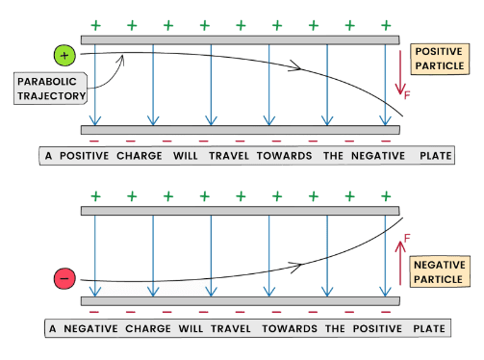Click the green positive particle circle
point(64,56)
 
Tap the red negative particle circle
point(64,278)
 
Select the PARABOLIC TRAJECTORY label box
point(50,89)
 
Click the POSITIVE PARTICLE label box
point(440,59)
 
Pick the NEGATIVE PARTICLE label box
point(440,271)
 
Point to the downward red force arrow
point(400,72)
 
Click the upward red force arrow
point(400,263)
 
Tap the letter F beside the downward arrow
point(407,95)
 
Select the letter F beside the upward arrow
point(407,238)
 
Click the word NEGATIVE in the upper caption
point(378,156)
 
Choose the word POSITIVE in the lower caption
point(377,329)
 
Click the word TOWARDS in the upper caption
point(284,156)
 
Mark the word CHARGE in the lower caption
point(148,329)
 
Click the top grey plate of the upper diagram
point(240,39)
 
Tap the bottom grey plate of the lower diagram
point(240,301)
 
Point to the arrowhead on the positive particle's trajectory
point(295,65)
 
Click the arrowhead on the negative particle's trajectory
point(295,267)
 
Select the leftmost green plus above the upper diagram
point(95,25)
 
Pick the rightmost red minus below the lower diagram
point(386,312)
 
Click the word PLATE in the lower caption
point(429,329)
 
